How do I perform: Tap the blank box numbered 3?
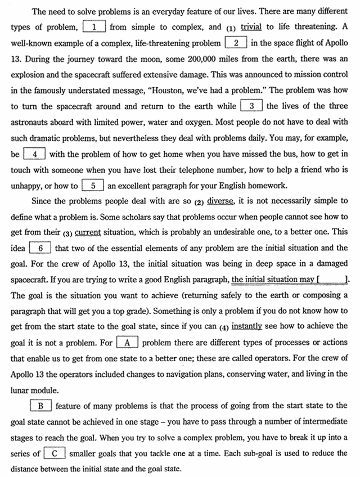tap(251, 106)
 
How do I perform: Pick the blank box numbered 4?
tap(34, 154)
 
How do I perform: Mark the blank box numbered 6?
tap(40, 247)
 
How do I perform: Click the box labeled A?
tap(127, 342)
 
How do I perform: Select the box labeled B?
tap(40, 406)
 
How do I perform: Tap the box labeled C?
tap(55, 453)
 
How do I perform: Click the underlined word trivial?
tap(251, 27)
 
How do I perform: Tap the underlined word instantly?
tap(248, 326)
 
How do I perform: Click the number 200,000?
tap(185, 58)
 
